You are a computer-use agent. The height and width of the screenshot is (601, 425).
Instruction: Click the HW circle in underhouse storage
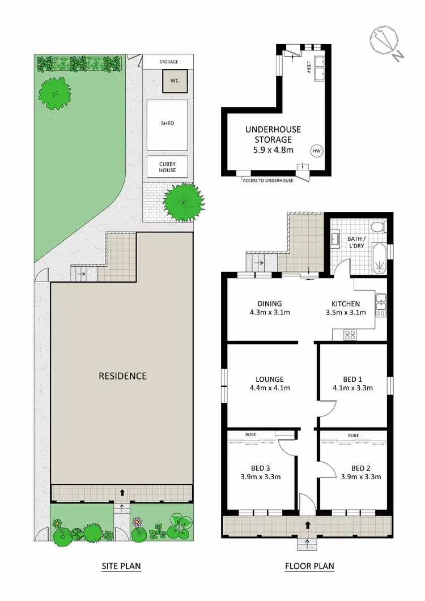click(x=316, y=151)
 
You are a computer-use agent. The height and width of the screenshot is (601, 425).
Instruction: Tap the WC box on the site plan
click(x=175, y=80)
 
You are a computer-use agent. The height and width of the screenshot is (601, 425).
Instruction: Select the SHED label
click(x=167, y=123)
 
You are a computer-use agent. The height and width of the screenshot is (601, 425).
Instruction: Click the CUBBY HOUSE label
click(x=167, y=167)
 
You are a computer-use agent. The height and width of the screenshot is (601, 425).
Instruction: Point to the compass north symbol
click(x=387, y=41)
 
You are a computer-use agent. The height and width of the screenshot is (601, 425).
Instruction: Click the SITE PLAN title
click(x=121, y=565)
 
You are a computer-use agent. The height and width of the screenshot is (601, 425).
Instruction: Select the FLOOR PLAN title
click(x=309, y=565)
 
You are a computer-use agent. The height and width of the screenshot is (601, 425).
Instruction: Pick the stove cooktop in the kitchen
click(x=350, y=335)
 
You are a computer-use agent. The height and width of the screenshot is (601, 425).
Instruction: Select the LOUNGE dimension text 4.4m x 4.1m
click(x=269, y=388)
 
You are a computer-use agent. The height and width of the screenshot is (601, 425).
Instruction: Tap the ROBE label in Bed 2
click(x=354, y=435)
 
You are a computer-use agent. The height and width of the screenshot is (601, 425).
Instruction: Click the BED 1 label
click(x=353, y=379)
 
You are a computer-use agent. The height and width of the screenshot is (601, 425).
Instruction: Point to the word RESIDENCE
click(x=122, y=376)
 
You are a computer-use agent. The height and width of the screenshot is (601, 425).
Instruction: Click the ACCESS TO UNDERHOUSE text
click(x=267, y=180)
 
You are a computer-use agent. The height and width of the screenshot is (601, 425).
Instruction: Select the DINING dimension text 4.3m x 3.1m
click(x=269, y=312)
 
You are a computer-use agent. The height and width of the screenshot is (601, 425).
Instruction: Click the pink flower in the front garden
click(x=136, y=522)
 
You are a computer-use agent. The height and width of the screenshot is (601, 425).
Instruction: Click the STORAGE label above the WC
click(x=168, y=62)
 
